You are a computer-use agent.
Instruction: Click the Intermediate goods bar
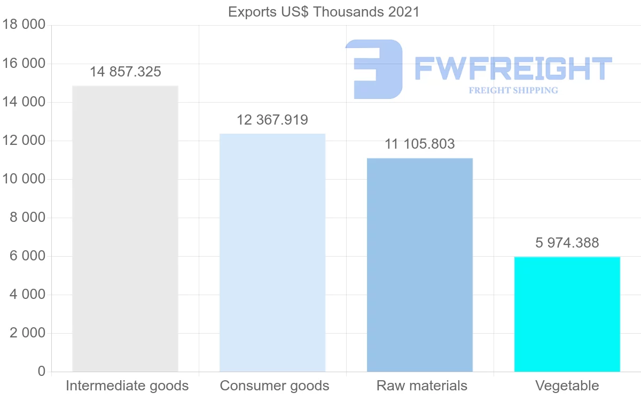pos(125,228)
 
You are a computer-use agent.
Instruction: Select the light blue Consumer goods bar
pos(272,252)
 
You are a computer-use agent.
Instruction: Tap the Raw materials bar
pos(420,265)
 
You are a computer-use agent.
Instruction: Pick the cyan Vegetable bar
pos(567,314)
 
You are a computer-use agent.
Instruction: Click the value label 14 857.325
pos(125,72)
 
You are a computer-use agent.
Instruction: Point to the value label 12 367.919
pos(272,120)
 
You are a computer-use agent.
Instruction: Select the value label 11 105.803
pos(420,144)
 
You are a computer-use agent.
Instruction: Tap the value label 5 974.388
pos(567,243)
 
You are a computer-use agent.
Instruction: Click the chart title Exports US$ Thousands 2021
pos(324,12)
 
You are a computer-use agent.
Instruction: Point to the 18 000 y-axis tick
pos(24,25)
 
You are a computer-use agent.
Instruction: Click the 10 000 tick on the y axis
pos(24,179)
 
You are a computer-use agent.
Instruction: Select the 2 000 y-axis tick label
pos(28,333)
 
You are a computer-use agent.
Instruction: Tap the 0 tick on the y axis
pos(42,372)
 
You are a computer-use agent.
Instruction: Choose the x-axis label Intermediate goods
pos(127,386)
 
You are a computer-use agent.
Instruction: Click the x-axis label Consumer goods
pos(275,386)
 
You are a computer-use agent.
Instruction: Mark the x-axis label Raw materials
pos(422,386)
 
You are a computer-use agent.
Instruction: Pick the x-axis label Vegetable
pos(567,386)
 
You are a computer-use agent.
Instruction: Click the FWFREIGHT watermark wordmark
pos(513,68)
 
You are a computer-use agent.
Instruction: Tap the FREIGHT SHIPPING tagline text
pos(513,90)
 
